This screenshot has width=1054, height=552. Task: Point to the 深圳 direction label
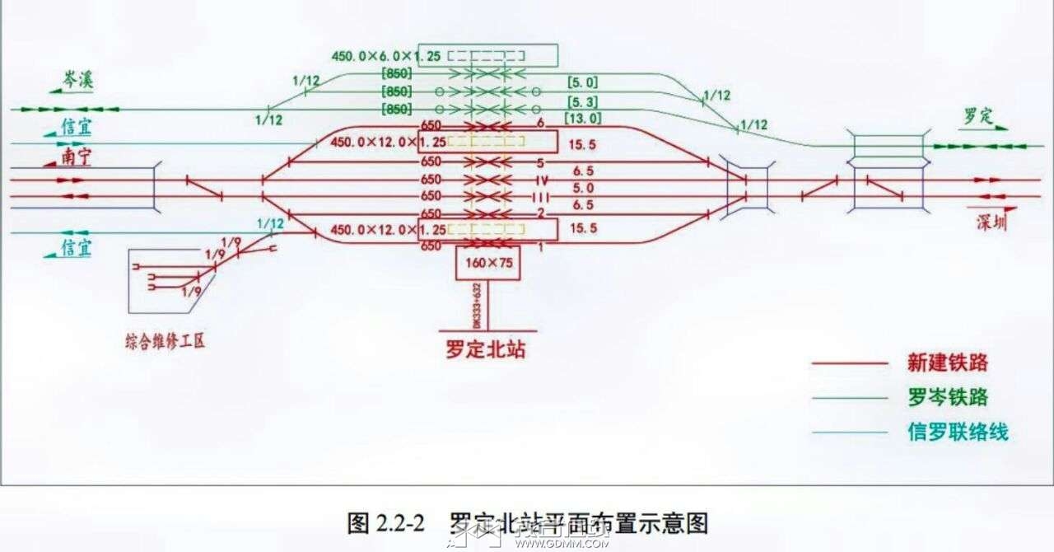pos(991,222)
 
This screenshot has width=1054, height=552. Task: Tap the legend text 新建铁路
pos(947,363)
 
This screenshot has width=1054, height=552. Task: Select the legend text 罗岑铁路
pos(947,398)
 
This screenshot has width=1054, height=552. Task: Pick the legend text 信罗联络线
pos(958,433)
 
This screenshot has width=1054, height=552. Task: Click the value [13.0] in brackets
pos(582,118)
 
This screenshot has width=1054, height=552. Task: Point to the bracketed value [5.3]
pos(582,102)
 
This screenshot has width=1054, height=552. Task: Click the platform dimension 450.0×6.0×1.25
pos(386,56)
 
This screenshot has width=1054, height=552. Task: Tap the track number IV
pos(541,180)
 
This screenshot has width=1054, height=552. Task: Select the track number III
pos(540,197)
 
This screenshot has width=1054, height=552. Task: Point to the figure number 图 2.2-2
pos(385,522)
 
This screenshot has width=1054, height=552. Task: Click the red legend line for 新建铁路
pos(848,363)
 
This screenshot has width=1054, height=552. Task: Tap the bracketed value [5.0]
pos(582,82)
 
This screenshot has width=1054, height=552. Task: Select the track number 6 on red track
pos(541,123)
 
